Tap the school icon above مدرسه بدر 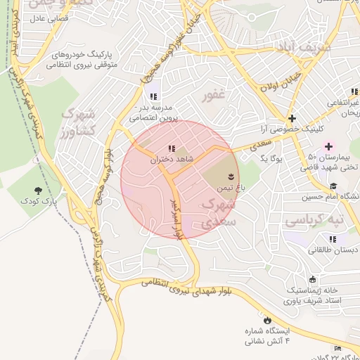153,96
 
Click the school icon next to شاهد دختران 172,148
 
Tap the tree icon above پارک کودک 38,190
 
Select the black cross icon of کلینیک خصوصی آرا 292,118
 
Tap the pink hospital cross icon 328,146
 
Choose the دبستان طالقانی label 333,250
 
